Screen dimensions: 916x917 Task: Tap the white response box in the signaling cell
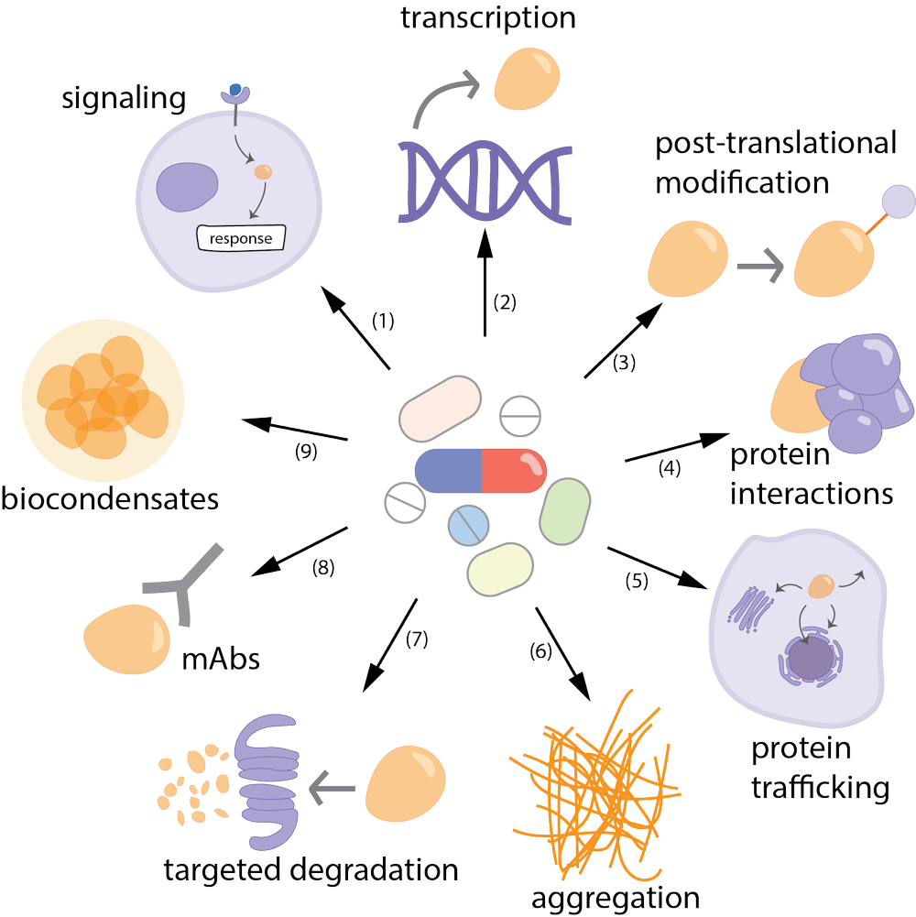pyautogui.click(x=241, y=239)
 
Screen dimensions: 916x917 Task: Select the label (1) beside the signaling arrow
pyautogui.click(x=383, y=321)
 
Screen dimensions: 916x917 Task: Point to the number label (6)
pyautogui.click(x=541, y=651)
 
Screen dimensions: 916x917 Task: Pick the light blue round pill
pyautogui.click(x=471, y=526)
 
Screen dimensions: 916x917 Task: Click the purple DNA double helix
pyautogui.click(x=476, y=180)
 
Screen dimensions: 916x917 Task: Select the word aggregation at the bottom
pyautogui.click(x=616, y=897)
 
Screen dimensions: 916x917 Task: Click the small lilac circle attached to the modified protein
pyautogui.click(x=898, y=200)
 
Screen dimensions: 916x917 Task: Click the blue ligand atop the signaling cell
pyautogui.click(x=236, y=91)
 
